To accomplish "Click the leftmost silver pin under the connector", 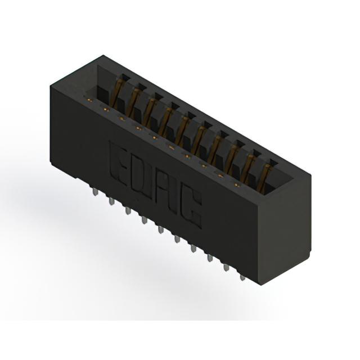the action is point(94,192).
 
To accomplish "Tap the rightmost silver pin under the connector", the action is point(242,278).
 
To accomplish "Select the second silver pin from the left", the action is point(111,201).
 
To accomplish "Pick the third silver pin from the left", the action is point(128,210).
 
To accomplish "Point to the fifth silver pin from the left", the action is point(161,230).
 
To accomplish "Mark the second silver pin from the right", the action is point(226,268).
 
